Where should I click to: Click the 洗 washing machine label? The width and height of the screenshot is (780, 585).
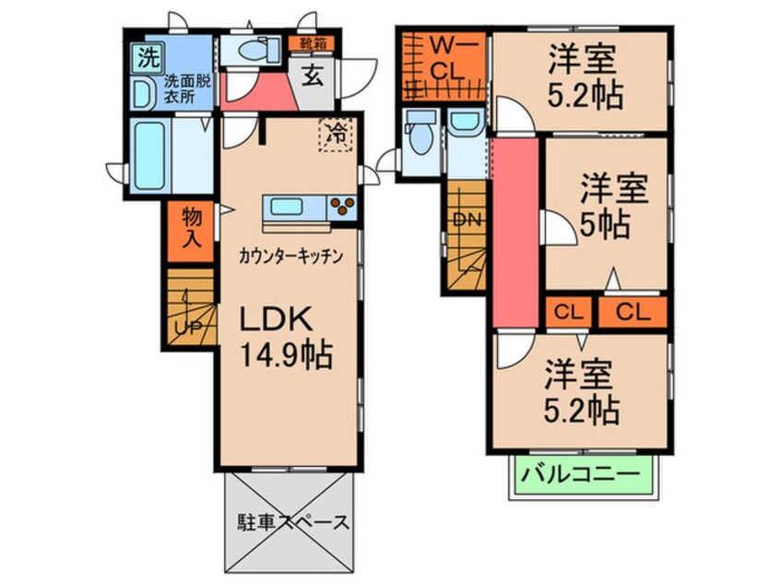pyautogui.click(x=147, y=57)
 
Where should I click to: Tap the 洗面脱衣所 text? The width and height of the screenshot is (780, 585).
pyautogui.click(x=188, y=89)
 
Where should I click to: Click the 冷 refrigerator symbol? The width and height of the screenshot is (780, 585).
pyautogui.click(x=337, y=135)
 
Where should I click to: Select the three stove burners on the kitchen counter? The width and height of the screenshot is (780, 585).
pyautogui.click(x=342, y=207)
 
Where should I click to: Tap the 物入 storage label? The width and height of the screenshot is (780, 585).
pyautogui.click(x=192, y=226)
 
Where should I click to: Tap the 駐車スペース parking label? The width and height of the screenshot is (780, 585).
pyautogui.click(x=289, y=523)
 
